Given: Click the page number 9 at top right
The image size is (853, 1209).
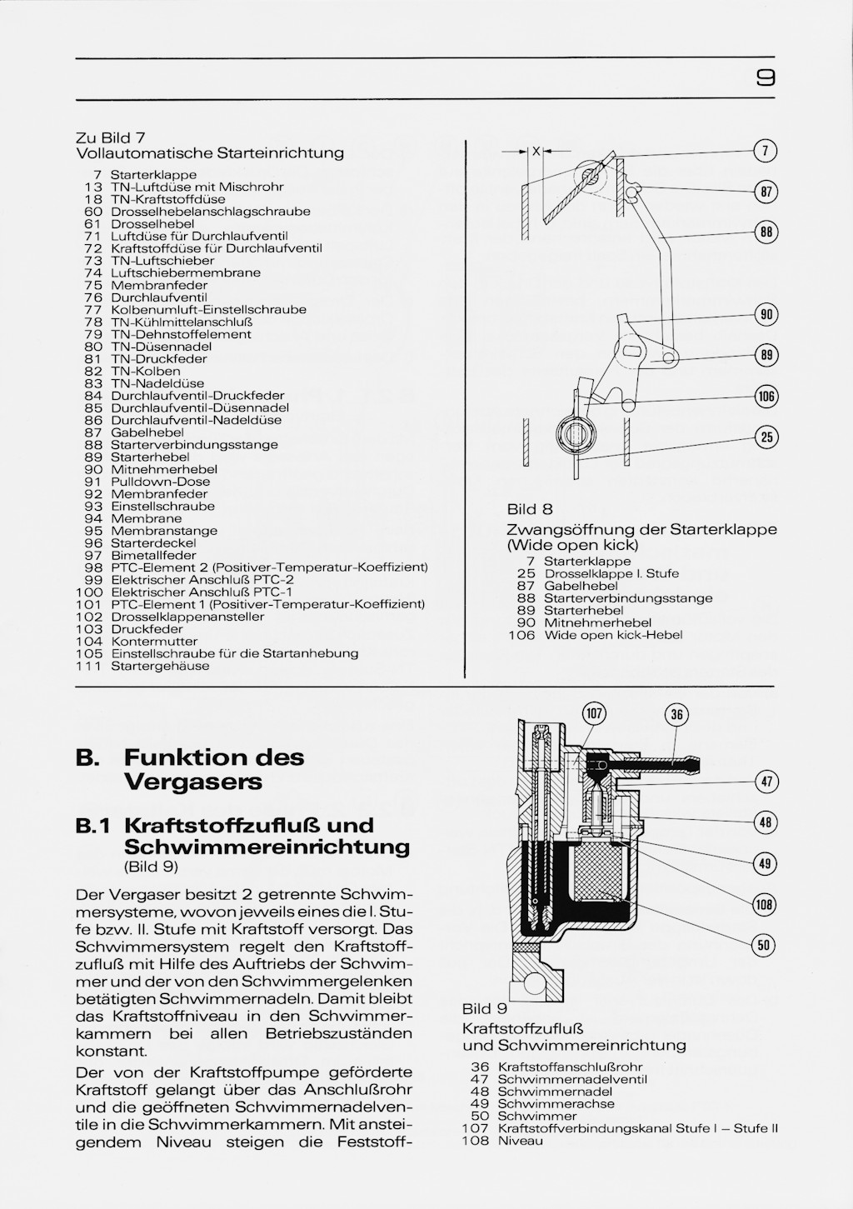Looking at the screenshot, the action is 766,78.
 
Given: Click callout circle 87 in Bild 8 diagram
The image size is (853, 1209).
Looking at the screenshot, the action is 766,192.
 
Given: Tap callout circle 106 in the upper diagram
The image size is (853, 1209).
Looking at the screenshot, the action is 766,397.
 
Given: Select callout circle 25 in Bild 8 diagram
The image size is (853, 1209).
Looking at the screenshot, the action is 766,437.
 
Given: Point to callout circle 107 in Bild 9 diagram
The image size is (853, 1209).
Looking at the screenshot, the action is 594,713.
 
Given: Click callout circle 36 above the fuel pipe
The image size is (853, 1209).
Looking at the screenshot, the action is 676,715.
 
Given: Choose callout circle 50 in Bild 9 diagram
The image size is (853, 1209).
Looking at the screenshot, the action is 763,945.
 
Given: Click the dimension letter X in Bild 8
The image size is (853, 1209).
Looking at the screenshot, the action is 536,152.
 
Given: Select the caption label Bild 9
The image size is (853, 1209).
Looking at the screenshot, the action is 485,1009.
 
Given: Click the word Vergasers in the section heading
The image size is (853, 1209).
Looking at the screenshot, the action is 193,782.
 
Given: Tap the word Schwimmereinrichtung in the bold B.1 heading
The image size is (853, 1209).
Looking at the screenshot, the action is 267,847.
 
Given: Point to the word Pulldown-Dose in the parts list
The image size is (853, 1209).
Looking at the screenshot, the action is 160,482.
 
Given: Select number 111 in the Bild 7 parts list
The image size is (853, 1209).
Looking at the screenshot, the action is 89,666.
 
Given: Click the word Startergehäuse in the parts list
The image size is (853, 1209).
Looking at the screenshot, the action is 160,666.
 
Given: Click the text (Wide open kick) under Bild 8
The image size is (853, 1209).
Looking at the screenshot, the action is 572,545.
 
